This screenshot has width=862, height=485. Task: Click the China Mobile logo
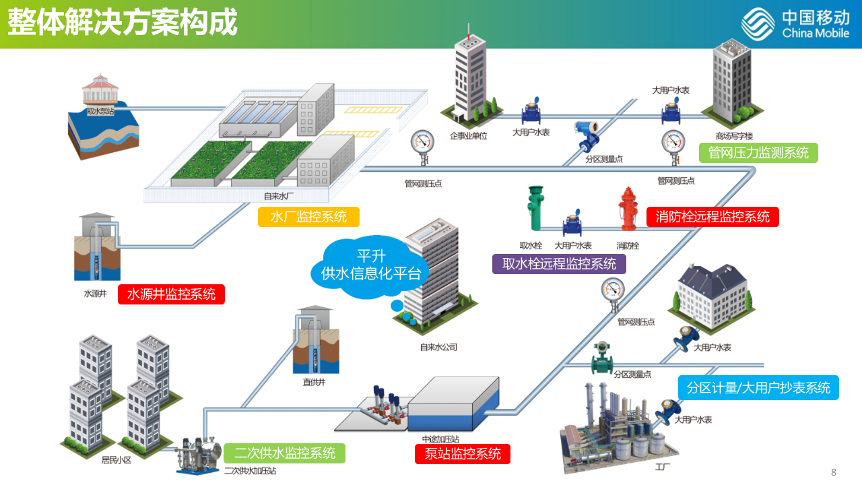click(795, 24)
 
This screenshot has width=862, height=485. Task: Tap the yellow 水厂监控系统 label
click(308, 217)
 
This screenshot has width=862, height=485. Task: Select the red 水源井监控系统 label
click(171, 294)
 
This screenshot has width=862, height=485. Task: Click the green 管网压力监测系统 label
click(758, 153)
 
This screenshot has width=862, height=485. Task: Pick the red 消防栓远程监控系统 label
click(712, 217)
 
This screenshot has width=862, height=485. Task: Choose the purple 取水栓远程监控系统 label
click(559, 263)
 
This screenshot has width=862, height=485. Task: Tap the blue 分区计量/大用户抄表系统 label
click(758, 388)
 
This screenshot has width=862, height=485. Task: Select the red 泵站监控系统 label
click(463, 454)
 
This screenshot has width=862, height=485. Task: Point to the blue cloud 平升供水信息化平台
click(370, 265)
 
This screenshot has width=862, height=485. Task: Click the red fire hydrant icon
click(628, 209)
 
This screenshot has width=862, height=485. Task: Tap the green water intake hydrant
click(535, 208)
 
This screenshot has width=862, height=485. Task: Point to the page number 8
click(834, 472)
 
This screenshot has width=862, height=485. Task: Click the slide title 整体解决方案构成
click(123, 24)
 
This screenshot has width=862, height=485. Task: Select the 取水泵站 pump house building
click(100, 90)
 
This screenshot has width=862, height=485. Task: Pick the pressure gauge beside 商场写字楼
click(673, 145)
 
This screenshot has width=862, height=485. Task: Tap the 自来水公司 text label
click(438, 348)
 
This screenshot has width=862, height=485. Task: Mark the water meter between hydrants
click(573, 221)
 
